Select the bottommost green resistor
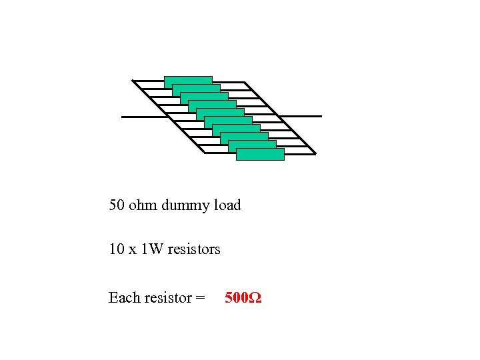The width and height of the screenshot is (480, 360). [260, 155]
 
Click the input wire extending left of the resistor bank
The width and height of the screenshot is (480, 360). [143, 117]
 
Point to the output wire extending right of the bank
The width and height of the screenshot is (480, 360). [304, 116]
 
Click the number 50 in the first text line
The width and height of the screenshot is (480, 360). [117, 205]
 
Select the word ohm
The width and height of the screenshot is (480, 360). [141, 205]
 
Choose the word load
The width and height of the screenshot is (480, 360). [227, 205]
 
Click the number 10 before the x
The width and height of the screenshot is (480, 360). [117, 250]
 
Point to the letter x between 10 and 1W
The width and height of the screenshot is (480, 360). [133, 251]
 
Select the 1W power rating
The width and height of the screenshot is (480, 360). [153, 250]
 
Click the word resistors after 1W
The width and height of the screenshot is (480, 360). [194, 250]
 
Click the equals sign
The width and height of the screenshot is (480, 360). [200, 299]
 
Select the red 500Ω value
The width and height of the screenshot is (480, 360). [243, 298]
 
